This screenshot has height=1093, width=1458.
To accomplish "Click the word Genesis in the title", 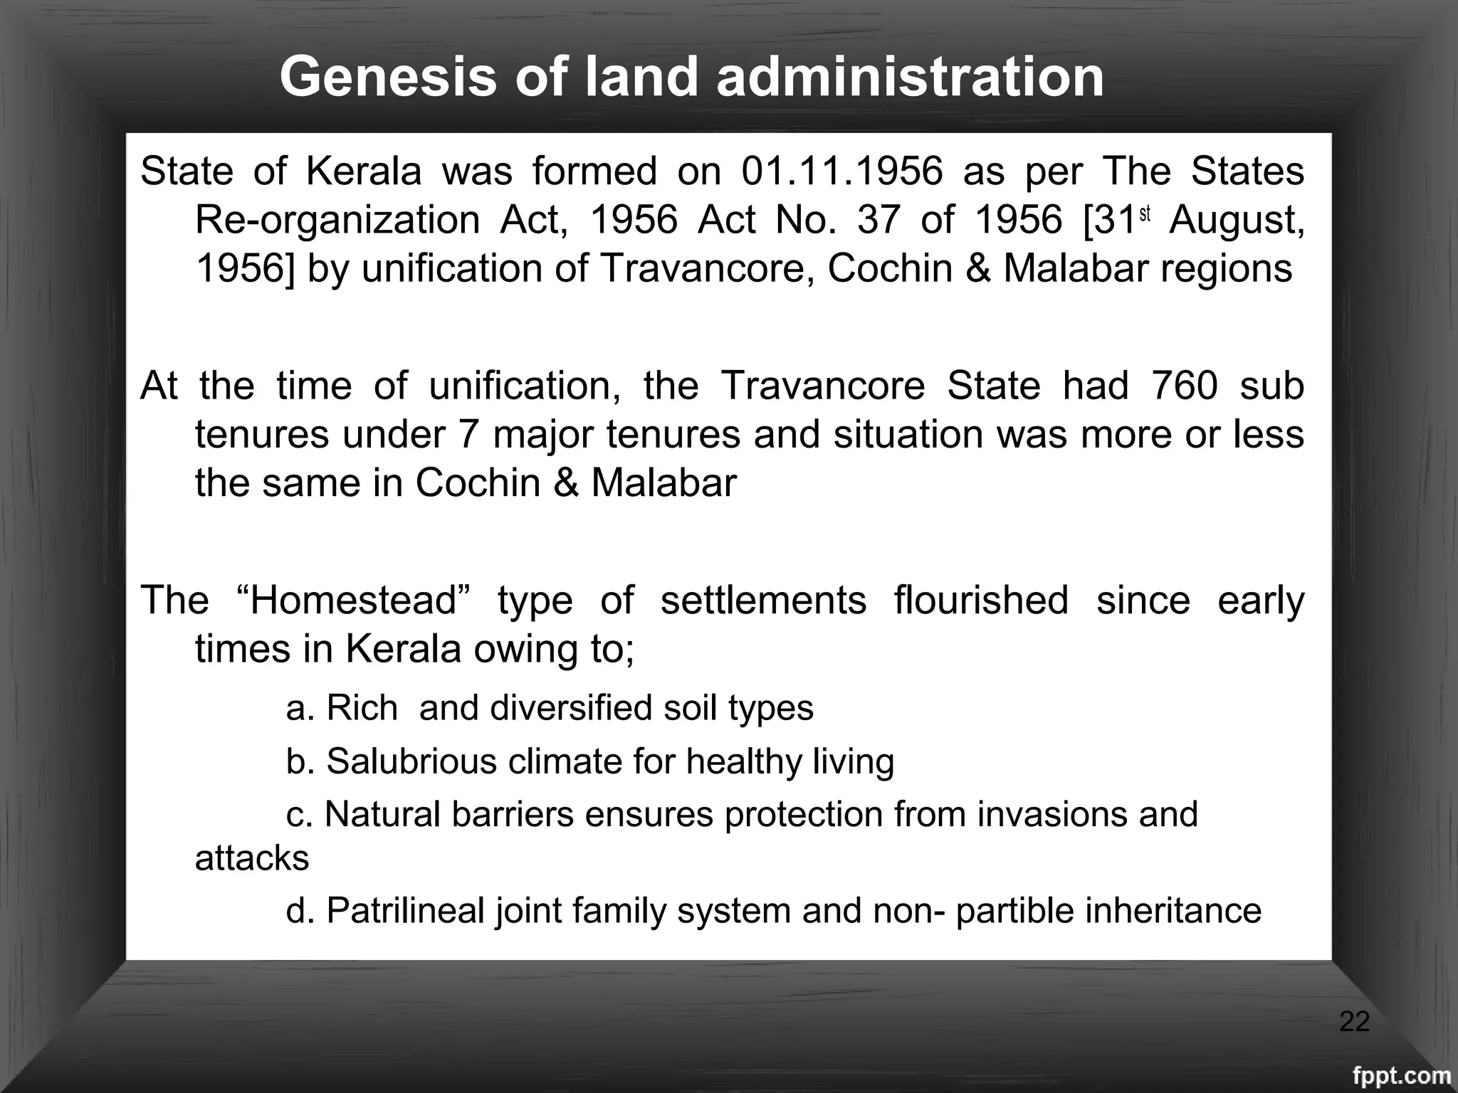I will tap(388, 77).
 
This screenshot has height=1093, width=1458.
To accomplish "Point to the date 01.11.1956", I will tap(842, 171).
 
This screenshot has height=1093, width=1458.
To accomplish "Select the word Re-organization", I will tap(337, 220).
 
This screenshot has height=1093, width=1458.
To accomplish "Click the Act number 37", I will tap(879, 220).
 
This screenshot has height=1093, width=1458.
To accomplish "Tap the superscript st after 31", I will tap(1145, 213).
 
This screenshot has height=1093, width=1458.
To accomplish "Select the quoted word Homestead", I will tap(352, 600).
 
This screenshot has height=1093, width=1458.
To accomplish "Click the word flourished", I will tap(981, 600).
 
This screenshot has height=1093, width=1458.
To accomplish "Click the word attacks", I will tap(252, 858).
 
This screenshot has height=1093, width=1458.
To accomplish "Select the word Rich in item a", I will tap(362, 708).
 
